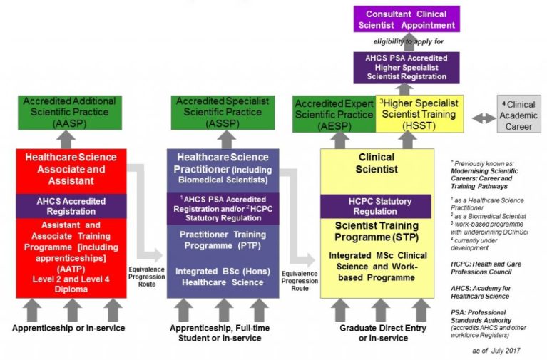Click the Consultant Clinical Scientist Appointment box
(407, 19)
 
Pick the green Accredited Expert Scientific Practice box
(334, 114)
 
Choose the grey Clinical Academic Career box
(518, 115)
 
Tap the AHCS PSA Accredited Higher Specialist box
(407, 66)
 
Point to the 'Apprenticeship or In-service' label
(68, 328)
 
